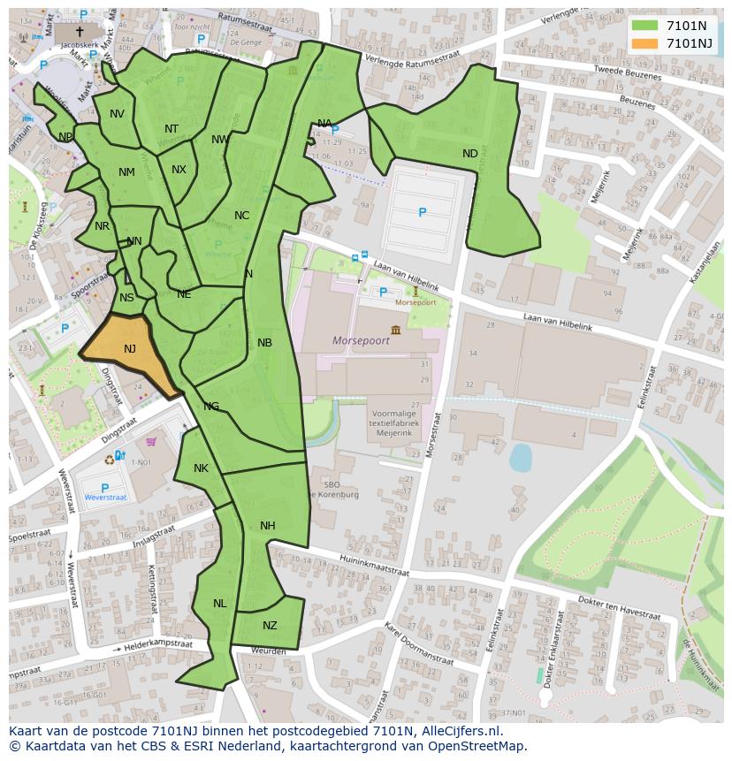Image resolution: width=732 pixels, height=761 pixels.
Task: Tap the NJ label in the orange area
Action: [130, 349]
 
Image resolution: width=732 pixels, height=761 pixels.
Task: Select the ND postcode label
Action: [469, 154]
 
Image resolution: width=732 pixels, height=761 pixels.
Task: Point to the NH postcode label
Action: [268, 526]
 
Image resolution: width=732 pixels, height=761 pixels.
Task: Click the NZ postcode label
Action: [270, 626]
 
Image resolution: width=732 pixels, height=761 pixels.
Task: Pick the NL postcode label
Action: [219, 604]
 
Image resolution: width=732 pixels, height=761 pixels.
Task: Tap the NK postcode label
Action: [201, 468]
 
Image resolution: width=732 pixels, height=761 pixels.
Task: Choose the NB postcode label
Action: [264, 343]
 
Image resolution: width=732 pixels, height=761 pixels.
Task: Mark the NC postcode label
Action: [241, 216]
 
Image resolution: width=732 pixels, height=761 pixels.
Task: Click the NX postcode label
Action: [179, 170]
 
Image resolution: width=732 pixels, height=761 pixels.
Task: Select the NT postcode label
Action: [172, 129]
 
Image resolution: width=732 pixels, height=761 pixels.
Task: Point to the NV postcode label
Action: [117, 114]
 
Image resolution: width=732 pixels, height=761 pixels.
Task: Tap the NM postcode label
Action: [126, 172]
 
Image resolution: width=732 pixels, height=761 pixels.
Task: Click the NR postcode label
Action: [102, 226]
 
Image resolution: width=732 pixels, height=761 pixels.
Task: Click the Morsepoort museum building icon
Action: [393, 330]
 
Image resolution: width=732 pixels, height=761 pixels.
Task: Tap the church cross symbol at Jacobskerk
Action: [80, 31]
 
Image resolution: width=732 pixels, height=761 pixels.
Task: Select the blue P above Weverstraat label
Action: [104, 488]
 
